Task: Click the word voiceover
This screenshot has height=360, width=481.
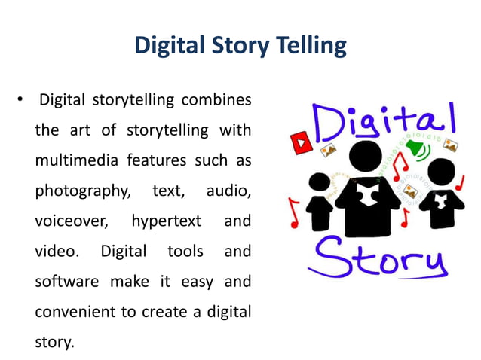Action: point(72,221)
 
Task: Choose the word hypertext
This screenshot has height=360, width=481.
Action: point(166,221)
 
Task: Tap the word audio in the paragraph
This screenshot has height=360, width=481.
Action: point(228,191)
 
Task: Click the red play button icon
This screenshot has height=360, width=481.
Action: point(302,140)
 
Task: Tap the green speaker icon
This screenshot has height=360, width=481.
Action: point(413,145)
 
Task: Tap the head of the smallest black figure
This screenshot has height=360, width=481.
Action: point(320,183)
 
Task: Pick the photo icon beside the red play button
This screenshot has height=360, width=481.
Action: point(328,150)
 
